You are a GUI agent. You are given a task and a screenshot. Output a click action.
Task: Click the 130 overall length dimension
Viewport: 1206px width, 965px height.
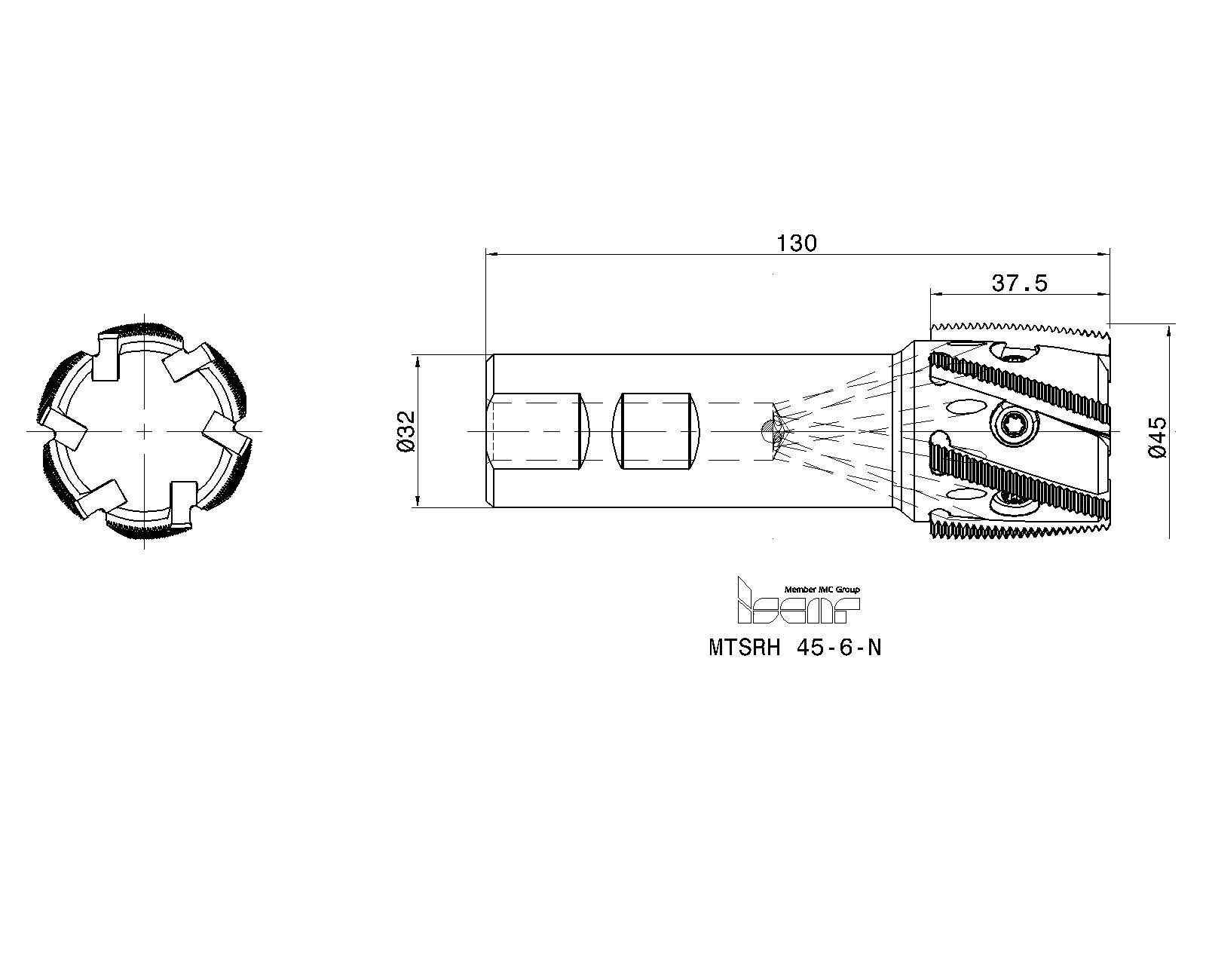[797, 244]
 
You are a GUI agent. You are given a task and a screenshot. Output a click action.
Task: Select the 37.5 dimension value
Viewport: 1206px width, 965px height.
[1019, 283]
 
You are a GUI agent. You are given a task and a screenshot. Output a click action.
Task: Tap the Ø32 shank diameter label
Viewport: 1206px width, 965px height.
[406, 431]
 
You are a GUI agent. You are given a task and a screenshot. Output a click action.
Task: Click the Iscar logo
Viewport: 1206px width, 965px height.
[798, 601]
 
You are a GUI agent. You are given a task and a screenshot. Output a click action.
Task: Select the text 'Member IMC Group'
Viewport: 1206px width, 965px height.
[822, 590]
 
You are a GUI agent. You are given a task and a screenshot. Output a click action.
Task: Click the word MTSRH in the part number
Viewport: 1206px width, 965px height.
[744, 648]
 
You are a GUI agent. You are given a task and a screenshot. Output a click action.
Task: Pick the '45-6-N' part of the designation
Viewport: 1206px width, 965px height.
[839, 648]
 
